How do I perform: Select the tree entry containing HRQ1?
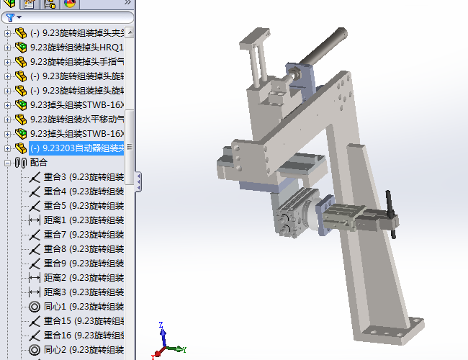76,48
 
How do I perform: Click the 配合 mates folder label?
39,163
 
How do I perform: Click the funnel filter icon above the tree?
10,17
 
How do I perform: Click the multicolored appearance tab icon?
70,4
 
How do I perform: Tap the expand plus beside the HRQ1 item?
7,48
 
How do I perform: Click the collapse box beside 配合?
7,163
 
